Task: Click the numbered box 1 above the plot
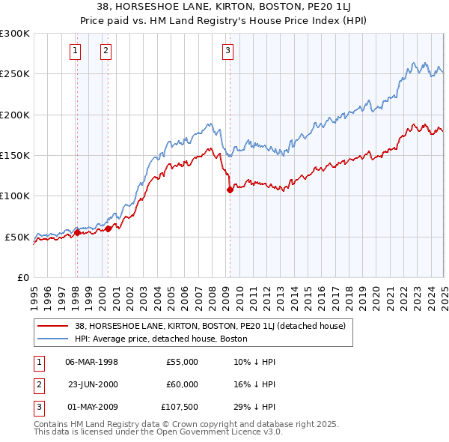(x=76, y=51)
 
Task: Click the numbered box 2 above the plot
(x=106, y=51)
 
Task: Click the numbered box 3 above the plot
(x=227, y=51)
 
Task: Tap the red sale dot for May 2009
(x=230, y=190)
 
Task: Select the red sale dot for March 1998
(x=77, y=232)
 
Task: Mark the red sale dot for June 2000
(x=109, y=228)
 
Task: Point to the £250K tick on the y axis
(x=14, y=74)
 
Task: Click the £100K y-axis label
(x=14, y=196)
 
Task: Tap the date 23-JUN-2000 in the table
(x=93, y=384)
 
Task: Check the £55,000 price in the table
(x=182, y=362)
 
